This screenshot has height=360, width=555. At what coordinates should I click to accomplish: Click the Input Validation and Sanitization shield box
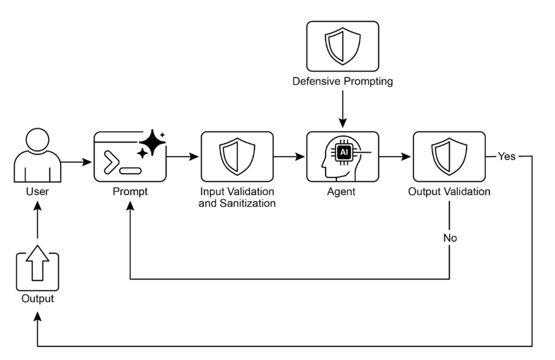tap(236, 157)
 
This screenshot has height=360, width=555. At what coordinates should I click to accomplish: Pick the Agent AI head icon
tap(342, 157)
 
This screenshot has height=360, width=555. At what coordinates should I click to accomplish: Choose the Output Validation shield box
tap(449, 157)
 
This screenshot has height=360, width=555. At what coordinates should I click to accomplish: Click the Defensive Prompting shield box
tap(342, 46)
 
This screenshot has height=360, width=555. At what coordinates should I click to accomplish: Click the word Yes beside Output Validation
tap(506, 157)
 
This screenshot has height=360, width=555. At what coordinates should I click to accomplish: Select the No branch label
tap(450, 238)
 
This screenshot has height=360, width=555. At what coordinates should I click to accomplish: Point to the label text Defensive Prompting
tap(342, 82)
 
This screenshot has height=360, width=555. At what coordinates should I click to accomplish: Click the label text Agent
tap(342, 192)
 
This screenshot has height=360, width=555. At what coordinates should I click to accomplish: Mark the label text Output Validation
tap(449, 192)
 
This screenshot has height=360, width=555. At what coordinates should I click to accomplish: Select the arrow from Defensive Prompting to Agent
tap(342, 108)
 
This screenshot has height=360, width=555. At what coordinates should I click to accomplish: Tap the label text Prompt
tap(130, 192)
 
